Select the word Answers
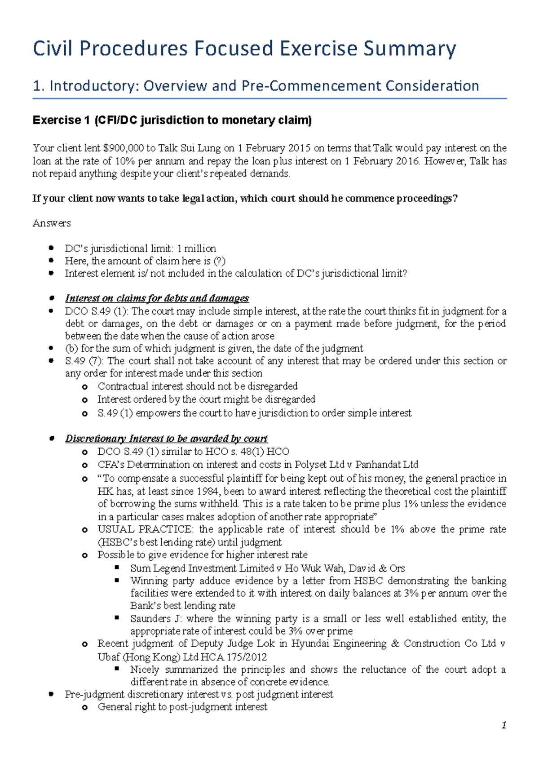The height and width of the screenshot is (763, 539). [52, 223]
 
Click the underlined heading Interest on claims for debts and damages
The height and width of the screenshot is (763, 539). [157, 298]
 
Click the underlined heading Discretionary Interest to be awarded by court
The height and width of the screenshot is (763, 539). [166, 439]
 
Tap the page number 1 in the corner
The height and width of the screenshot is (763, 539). [504, 725]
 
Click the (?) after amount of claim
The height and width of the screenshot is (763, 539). [219, 261]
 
